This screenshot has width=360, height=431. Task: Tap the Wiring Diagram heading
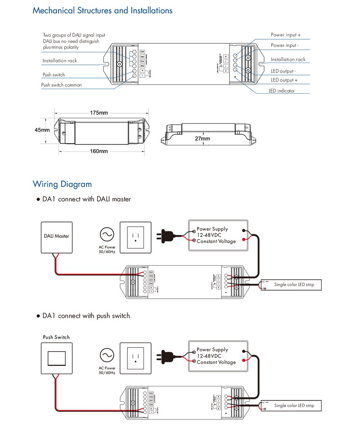click(62, 184)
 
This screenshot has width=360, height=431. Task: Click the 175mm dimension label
click(99, 112)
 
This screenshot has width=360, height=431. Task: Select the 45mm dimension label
click(42, 130)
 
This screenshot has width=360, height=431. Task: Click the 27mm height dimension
click(202, 139)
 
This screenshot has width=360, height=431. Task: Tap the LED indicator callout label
click(282, 91)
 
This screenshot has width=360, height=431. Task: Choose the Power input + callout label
click(286, 35)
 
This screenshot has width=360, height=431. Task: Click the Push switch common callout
click(62, 85)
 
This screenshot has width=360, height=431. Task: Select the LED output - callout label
click(283, 71)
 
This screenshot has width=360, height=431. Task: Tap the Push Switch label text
click(56, 337)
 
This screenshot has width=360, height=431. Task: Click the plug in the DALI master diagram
click(165, 235)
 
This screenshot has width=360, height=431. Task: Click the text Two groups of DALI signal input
click(75, 35)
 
